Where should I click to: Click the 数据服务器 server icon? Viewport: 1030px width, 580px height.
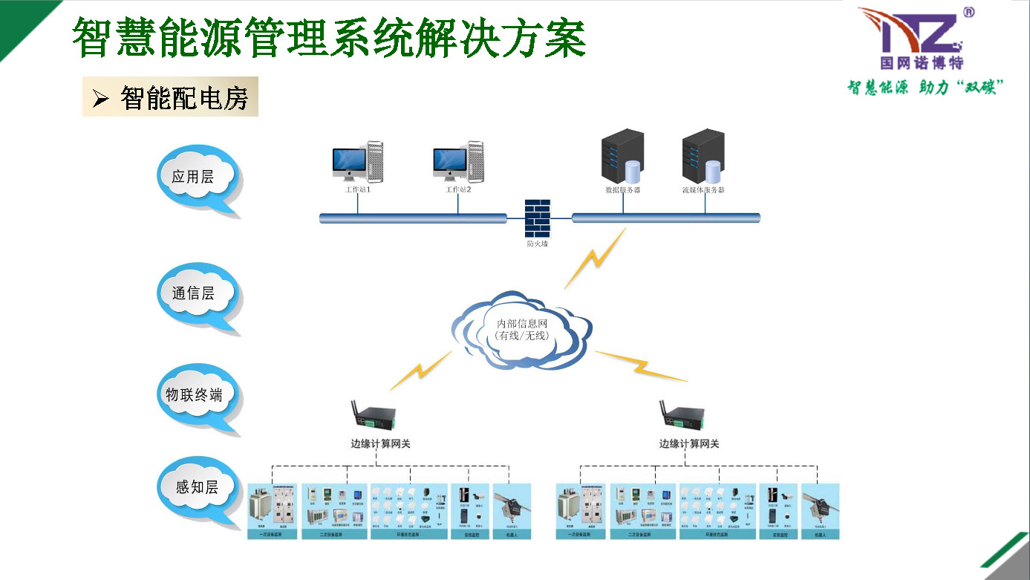click(x=623, y=157)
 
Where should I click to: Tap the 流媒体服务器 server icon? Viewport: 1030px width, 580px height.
click(x=703, y=157)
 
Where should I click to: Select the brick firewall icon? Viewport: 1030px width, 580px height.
click(x=538, y=218)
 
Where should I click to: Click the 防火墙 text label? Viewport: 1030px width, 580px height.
click(x=538, y=244)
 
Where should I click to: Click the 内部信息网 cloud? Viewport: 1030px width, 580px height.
click(x=521, y=330)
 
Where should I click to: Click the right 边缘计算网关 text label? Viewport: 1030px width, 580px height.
click(x=689, y=444)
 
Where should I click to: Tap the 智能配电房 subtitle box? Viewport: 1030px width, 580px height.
click(x=170, y=97)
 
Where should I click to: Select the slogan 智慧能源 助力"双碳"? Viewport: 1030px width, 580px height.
click(x=925, y=88)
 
